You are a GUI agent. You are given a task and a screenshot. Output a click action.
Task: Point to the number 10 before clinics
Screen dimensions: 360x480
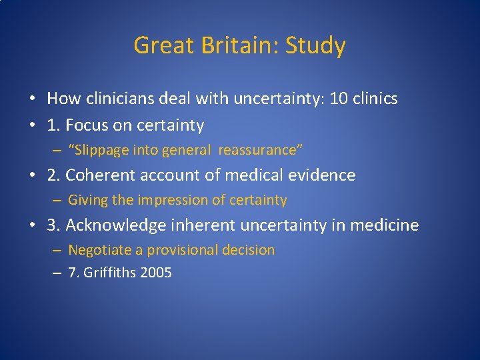point(339,99)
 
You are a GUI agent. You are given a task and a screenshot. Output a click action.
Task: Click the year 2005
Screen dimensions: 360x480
point(155,273)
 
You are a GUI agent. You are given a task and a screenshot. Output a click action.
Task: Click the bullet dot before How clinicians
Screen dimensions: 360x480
point(32,100)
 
